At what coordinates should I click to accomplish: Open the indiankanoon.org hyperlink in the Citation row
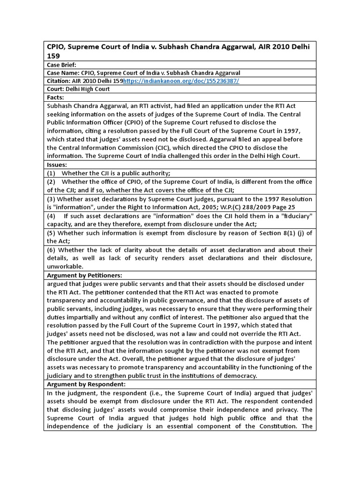(x=181, y=81)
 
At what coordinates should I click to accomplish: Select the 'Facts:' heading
(x=56, y=97)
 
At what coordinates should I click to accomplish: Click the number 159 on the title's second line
(x=53, y=55)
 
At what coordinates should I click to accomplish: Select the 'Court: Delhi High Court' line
(x=78, y=89)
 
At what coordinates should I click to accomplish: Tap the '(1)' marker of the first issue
(x=52, y=173)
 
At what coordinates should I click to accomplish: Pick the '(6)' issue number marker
(x=52, y=249)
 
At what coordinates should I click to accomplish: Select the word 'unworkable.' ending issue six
(x=65, y=266)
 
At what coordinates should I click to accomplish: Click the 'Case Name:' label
(x=63, y=73)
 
